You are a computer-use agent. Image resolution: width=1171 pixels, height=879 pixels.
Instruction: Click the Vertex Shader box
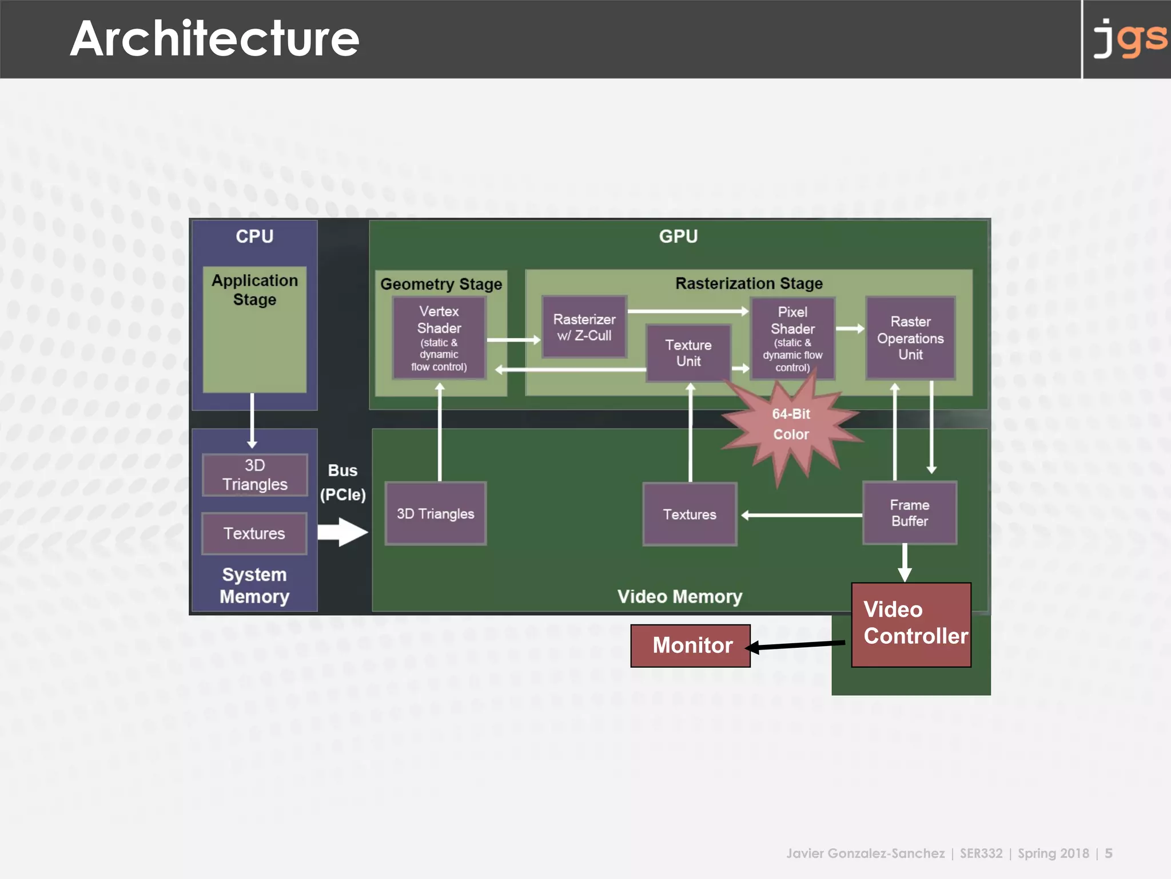coord(439,338)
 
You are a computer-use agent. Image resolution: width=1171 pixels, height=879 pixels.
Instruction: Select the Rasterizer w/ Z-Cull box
coord(584,327)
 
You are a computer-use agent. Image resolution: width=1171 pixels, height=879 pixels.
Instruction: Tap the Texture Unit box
coord(688,353)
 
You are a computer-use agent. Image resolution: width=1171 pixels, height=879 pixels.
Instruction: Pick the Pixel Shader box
coord(792,338)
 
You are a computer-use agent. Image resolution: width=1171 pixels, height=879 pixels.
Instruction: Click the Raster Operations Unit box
coord(910,338)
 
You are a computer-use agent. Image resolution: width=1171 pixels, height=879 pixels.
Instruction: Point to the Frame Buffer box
coord(909,513)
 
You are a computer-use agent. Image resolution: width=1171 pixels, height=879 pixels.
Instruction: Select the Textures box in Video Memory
coord(690,514)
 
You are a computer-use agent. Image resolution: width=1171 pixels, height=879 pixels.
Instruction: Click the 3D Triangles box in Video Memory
coord(435,513)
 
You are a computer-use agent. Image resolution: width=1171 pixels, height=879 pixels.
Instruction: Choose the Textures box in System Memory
coord(254,533)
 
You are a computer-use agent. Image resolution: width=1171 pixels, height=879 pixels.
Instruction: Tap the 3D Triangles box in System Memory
coord(254,474)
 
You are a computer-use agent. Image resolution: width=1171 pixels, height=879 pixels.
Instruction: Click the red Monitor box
coord(690,646)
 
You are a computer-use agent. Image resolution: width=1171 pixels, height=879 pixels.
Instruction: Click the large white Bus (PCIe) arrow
coord(342,532)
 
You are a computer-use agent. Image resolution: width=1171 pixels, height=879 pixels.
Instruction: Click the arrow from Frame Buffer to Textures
coord(800,515)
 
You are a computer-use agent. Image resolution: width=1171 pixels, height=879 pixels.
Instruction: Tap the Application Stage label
coord(254,290)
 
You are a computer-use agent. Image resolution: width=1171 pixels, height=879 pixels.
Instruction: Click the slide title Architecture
coord(214,39)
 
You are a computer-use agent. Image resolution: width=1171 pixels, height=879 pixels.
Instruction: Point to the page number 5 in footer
coord(1108,853)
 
